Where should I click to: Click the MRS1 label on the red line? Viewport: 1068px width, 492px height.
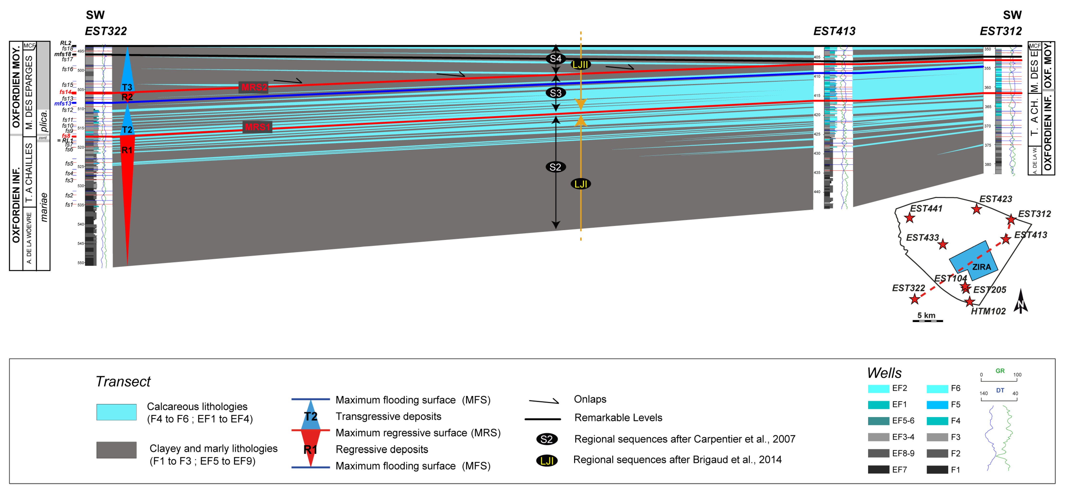point(257,127)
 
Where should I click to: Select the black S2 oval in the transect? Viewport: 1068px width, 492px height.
point(555,167)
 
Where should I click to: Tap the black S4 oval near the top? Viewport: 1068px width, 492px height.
point(555,59)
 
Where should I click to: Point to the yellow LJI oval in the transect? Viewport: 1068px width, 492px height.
point(580,184)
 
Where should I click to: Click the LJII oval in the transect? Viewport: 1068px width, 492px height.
point(580,65)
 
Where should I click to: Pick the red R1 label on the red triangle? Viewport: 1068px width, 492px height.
point(127,150)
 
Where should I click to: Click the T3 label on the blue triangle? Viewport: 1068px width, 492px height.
point(127,87)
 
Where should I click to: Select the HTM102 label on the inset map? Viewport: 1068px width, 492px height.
point(988,311)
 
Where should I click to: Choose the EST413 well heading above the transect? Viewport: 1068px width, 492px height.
point(834,31)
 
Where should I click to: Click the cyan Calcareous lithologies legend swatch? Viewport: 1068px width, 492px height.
point(116,412)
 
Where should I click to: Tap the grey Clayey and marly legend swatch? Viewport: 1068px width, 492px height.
point(116,450)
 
